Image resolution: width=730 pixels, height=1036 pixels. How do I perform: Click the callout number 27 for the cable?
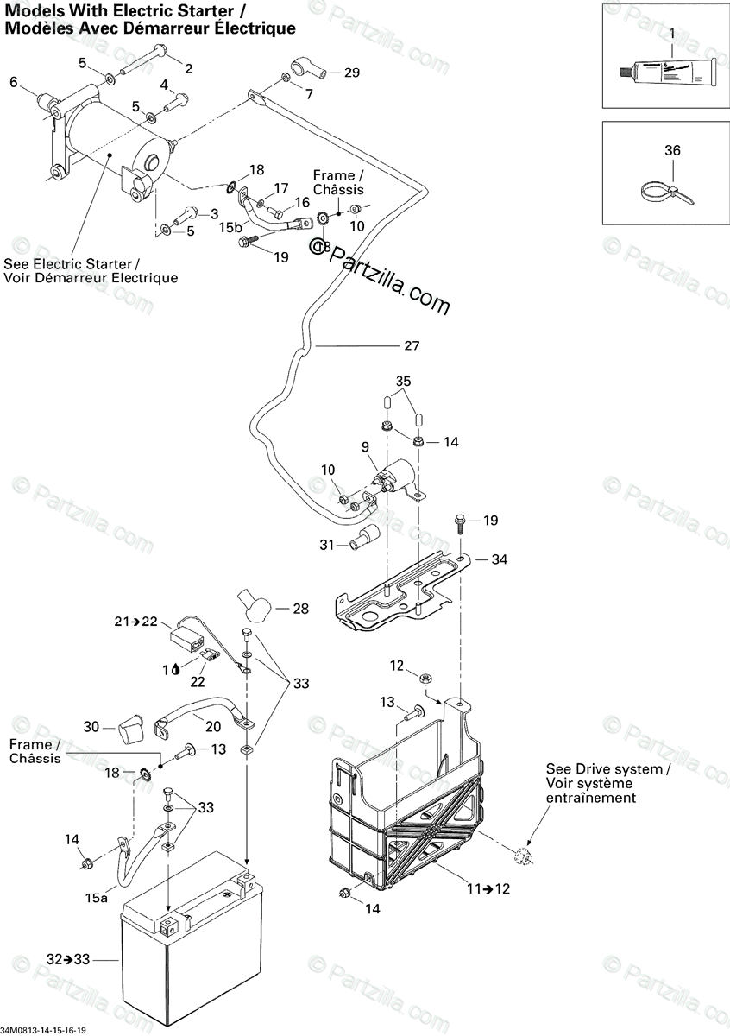[x=412, y=346]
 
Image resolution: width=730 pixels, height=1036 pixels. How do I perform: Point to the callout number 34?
[x=499, y=559]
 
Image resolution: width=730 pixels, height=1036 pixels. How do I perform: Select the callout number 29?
[x=351, y=73]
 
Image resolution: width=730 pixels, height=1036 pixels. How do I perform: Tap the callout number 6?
[x=13, y=82]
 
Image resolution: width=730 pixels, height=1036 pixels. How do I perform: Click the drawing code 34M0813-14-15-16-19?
[x=49, y=1030]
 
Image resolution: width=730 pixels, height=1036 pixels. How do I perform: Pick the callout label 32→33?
[x=67, y=959]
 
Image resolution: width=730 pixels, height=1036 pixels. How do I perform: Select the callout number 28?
[x=299, y=609]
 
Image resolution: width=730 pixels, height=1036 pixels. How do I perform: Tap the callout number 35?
[x=404, y=381]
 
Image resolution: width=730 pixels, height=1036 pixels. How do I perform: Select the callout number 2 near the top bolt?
[x=188, y=68]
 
